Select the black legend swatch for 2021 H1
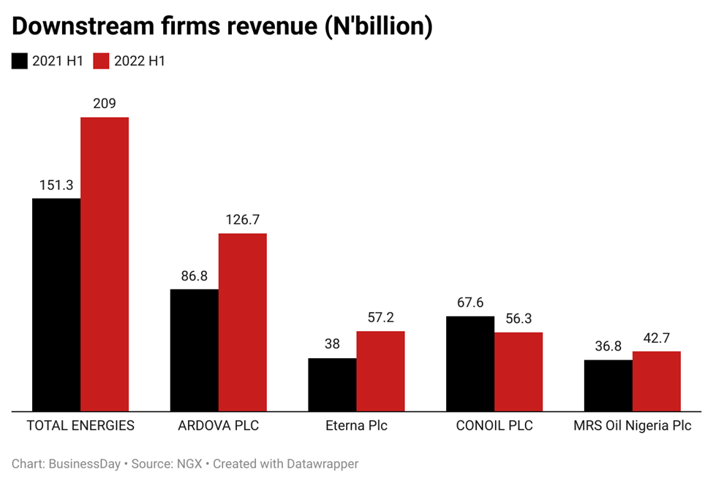point(20,61)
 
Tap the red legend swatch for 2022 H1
point(101,61)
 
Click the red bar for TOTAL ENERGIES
point(105,264)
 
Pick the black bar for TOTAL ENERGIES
point(56,304)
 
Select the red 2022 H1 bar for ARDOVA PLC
point(242,322)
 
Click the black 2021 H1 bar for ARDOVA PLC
point(194,350)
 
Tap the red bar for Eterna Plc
point(380,371)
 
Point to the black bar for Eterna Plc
point(332,384)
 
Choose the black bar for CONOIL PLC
point(470,363)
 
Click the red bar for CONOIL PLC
point(518,372)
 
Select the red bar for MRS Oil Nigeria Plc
point(656,381)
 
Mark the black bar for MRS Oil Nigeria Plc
point(608,385)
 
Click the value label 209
point(105,104)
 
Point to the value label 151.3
point(56,185)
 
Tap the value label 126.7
point(242,220)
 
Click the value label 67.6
point(470,303)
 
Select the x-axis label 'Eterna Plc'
point(356,425)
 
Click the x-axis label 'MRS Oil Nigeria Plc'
point(632,425)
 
